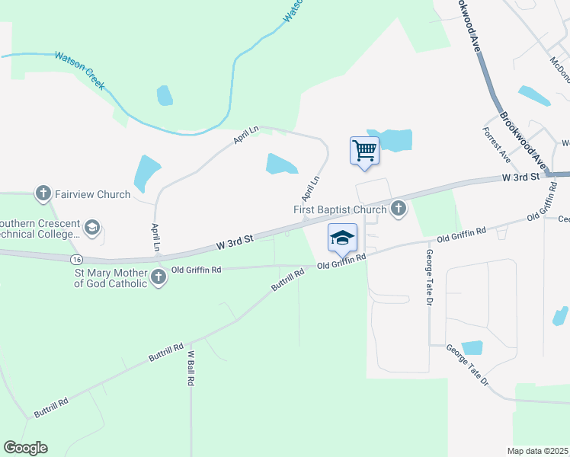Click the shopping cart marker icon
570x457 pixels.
364,150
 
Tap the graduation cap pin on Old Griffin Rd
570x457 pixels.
342,238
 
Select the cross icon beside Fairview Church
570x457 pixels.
43,194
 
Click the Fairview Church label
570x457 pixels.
92,194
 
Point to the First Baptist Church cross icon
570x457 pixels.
398,208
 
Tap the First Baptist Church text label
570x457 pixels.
340,209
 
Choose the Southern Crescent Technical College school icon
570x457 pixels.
92,227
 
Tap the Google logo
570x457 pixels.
25,448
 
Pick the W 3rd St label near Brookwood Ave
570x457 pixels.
520,177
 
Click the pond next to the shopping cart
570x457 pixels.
395,139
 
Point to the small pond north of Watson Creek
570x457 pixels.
165,95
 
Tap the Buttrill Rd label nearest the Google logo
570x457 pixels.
50,407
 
